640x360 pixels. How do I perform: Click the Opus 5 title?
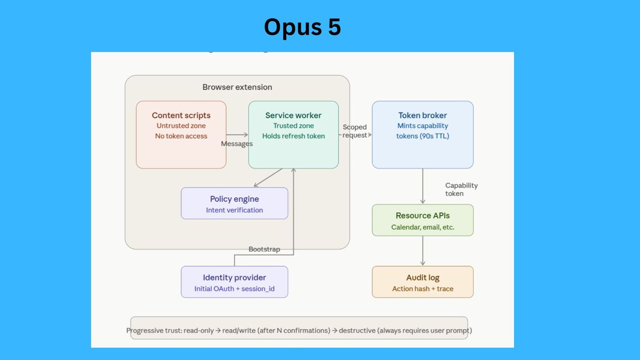coord(302,27)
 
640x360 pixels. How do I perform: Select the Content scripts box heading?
coord(181,115)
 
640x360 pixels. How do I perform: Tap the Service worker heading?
coord(293,115)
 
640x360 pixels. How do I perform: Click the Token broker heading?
coord(422,115)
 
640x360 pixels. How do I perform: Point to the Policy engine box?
coord(235,203)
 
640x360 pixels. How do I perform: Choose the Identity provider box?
coord(235,282)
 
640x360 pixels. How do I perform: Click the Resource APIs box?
coord(422,220)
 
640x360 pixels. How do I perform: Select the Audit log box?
coord(422,282)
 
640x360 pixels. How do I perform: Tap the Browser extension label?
coord(237,87)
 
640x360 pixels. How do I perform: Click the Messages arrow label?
coord(237,143)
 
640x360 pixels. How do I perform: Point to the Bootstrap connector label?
coord(265,249)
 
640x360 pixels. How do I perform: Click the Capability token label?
coord(461,189)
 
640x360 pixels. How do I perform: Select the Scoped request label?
coord(355,131)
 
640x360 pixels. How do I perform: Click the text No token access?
coord(181,136)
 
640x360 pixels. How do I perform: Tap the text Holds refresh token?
coord(293,136)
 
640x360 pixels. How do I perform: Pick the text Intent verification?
coord(235,210)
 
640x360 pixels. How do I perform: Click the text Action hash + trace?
coord(422,289)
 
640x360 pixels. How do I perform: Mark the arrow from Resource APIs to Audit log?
coord(422,251)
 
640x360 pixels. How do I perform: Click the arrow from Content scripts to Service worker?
coord(237,134)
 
